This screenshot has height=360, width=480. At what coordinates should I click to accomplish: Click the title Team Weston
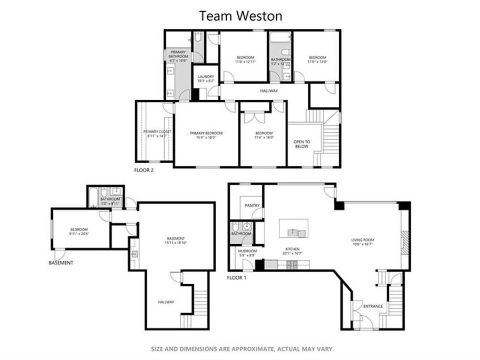click(241, 16)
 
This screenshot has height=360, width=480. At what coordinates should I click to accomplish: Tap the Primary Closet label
click(157, 131)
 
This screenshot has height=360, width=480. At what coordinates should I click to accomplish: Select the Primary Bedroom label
click(206, 133)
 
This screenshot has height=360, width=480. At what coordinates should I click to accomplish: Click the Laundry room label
click(206, 77)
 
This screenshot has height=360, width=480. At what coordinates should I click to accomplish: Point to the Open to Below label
click(301, 143)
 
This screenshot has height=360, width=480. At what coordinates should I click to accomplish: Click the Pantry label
click(252, 205)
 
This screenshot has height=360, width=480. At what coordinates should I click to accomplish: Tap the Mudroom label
click(247, 251)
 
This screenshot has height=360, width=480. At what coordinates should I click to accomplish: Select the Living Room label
click(362, 240)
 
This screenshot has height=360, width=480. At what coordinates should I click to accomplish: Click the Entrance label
click(373, 306)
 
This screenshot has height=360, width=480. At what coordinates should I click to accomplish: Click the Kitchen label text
click(292, 249)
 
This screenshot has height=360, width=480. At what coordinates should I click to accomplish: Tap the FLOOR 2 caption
click(144, 171)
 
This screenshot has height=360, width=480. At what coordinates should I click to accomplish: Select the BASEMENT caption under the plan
click(61, 263)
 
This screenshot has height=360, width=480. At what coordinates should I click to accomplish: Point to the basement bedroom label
click(78, 229)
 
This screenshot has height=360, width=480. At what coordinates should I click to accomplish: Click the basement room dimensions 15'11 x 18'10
click(175, 243)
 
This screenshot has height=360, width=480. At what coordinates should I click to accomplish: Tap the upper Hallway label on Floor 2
click(269, 91)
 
